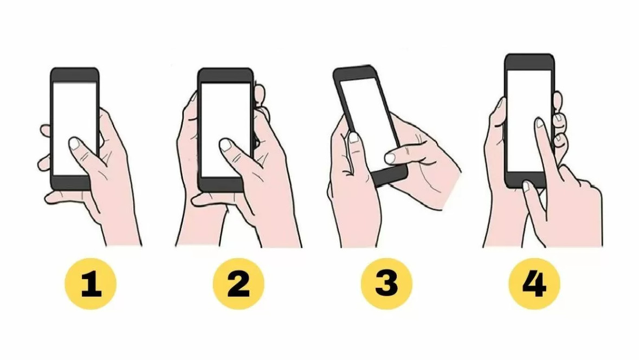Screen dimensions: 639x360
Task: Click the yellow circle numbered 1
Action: [x=91, y=284]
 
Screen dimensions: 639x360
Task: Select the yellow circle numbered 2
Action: [x=238, y=284]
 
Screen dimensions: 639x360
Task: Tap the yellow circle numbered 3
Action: [x=386, y=284]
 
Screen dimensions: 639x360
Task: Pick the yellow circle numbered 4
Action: [x=534, y=284]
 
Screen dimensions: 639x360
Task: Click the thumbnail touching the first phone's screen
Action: [x=75, y=143]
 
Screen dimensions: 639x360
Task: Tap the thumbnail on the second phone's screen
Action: [x=226, y=145]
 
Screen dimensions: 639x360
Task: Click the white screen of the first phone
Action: [x=75, y=128]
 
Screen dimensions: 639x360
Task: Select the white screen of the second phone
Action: [x=225, y=130]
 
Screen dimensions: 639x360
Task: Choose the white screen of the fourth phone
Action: [x=529, y=121]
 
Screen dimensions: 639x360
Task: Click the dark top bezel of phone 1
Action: [x=75, y=75]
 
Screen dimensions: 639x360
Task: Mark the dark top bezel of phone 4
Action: [x=530, y=62]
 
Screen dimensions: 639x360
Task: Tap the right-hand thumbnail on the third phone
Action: [x=390, y=158]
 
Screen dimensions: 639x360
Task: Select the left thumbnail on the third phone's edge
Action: [x=353, y=137]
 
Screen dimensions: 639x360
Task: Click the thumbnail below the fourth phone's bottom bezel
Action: [x=526, y=187]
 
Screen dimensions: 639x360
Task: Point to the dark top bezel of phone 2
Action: [x=225, y=75]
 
